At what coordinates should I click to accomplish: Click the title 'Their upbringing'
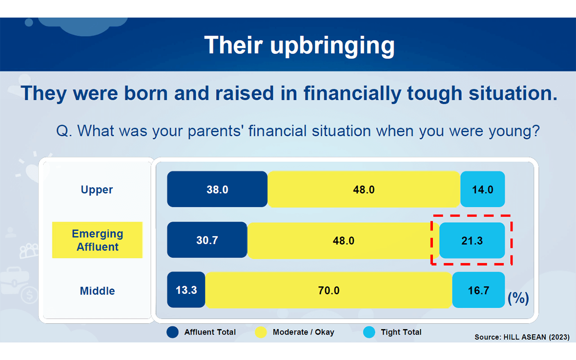click(x=299, y=45)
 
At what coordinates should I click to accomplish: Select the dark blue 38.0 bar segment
click(x=217, y=189)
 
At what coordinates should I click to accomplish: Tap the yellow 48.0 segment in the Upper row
click(x=364, y=189)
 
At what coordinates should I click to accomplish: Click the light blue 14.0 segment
click(x=483, y=189)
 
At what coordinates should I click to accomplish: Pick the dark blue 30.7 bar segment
click(x=207, y=240)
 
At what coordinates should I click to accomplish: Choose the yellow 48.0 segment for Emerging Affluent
click(x=343, y=240)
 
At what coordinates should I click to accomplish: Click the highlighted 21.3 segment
click(x=472, y=240)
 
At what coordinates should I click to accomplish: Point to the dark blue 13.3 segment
click(x=186, y=290)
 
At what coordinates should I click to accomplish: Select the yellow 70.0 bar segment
click(x=328, y=290)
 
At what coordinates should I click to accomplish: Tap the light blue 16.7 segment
click(x=478, y=290)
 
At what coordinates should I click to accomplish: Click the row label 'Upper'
click(x=97, y=190)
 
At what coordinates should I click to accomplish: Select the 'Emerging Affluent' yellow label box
click(x=97, y=240)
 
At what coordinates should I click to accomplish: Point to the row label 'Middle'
click(x=97, y=291)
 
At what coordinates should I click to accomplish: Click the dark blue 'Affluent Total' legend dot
click(x=172, y=332)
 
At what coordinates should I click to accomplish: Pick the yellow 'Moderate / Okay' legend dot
click(x=261, y=332)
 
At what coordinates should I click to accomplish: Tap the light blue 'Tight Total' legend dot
click(x=369, y=332)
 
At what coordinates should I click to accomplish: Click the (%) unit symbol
click(x=518, y=298)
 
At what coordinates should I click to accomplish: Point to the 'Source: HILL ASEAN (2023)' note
click(x=522, y=337)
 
